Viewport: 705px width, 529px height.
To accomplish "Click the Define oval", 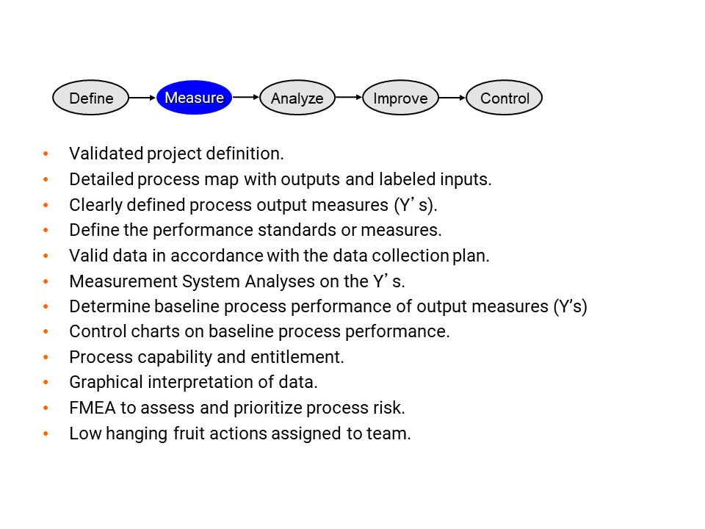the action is coord(90,98).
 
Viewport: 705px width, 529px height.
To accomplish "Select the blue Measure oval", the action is coord(194,98).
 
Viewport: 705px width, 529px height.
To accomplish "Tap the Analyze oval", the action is coord(297,98).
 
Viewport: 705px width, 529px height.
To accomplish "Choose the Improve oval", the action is coord(400,98).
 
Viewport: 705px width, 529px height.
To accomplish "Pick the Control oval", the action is coord(504,98).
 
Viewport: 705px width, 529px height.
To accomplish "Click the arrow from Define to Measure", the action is coord(142,98).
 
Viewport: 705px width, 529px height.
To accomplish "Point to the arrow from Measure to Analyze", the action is coord(246,97).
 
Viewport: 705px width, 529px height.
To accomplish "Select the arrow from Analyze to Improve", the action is coord(349,97).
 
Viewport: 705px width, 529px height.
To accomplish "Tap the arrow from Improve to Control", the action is coord(452,98).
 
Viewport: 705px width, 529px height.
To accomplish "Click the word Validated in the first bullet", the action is coord(106,154).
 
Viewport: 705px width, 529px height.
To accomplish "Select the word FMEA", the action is coord(93,408).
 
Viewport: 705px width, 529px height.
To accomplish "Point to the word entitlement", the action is coord(297,357).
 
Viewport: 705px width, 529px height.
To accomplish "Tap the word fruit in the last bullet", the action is coord(189,433).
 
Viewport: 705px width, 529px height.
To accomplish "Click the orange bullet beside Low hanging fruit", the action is coord(46,433).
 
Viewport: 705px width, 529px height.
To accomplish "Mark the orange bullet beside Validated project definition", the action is coord(46,154).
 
